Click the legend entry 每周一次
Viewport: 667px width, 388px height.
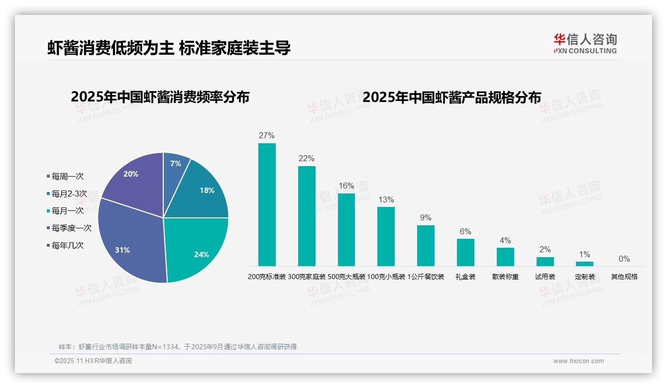pos(68,177)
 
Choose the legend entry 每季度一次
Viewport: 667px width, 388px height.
pos(72,228)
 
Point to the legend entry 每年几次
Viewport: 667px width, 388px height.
pos(68,245)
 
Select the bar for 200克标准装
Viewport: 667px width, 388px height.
pos(267,204)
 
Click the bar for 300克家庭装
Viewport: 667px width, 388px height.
pos(307,216)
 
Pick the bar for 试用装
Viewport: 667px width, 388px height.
pos(545,261)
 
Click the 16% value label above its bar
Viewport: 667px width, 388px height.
pos(346,186)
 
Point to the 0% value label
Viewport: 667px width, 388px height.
pos(624,259)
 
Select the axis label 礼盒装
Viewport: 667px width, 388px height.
pos(465,277)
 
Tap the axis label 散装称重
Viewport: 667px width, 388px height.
pos(505,277)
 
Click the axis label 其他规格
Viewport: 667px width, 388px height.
pos(624,277)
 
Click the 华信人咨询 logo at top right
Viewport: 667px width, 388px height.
pos(585,43)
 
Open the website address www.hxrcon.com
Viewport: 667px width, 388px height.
pos(578,361)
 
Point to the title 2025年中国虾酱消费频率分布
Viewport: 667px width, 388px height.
pos(160,97)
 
